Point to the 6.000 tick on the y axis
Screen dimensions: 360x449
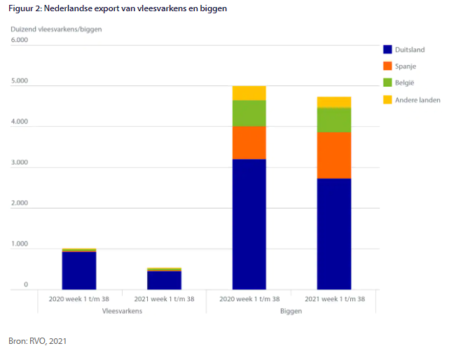tap(19, 40)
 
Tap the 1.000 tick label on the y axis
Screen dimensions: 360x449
tap(19, 244)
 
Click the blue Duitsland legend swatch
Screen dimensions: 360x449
tap(387, 50)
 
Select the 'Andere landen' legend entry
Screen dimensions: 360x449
tap(417, 99)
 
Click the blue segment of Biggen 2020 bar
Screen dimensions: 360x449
tap(249, 224)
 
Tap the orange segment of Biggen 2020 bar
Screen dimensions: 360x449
tap(249, 143)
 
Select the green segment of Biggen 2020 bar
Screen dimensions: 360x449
tap(249, 113)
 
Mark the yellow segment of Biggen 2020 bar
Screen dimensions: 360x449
tap(249, 93)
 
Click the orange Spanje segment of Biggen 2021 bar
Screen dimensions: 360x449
tap(334, 155)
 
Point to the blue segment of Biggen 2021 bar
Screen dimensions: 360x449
tap(334, 234)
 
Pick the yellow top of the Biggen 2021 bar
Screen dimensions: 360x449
tap(334, 102)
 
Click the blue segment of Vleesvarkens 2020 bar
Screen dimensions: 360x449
tap(78, 270)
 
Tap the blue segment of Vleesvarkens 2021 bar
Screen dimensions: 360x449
tap(164, 280)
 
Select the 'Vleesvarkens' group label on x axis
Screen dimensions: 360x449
tap(122, 311)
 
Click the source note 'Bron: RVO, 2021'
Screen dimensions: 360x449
tap(38, 341)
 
